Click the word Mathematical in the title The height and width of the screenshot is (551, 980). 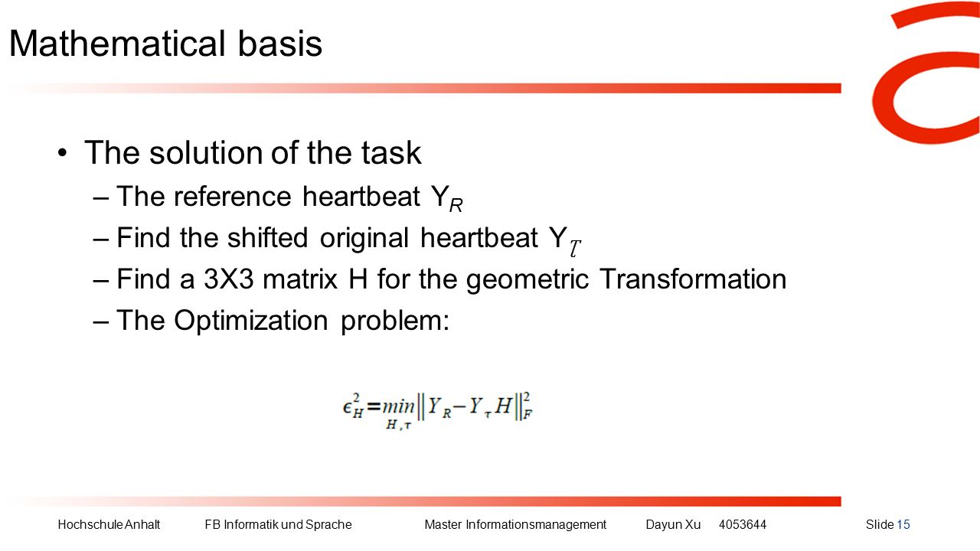[x=117, y=44]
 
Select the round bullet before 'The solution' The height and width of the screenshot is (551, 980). [x=63, y=154]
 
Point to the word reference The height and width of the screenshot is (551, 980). [x=232, y=197]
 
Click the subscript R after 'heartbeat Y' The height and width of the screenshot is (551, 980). [x=456, y=205]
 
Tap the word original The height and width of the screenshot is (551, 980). [x=364, y=239]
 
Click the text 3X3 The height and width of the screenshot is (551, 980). [x=228, y=279]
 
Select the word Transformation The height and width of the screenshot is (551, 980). [x=693, y=279]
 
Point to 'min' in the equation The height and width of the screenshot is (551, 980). [x=398, y=406]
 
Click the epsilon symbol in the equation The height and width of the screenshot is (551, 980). [x=348, y=407]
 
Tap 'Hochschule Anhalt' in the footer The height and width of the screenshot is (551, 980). [x=109, y=525]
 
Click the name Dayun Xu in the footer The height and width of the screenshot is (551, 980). [x=673, y=525]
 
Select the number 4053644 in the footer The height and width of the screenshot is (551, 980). [x=743, y=525]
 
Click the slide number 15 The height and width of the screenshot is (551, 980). [x=903, y=525]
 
